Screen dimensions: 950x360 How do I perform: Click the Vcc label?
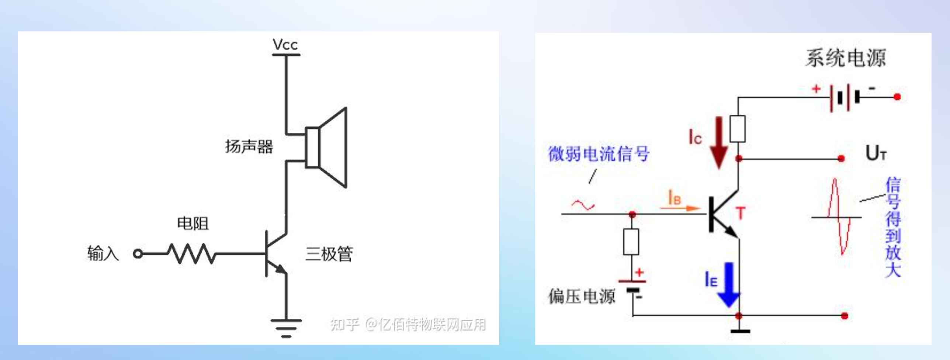tap(285, 45)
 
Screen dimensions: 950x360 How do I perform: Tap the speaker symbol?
tap(326, 148)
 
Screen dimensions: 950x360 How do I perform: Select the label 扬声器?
tap(249, 146)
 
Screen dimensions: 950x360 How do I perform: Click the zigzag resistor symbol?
tap(191, 253)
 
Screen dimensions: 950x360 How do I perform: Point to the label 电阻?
tap(193, 223)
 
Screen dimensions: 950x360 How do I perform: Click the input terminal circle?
tap(138, 254)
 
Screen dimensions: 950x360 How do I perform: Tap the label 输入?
tap(103, 253)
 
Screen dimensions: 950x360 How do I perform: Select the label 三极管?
tap(329, 254)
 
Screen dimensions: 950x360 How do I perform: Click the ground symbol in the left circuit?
tap(286, 328)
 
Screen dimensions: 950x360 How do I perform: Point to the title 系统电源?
tap(845, 58)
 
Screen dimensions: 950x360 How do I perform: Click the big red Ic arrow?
tap(719, 142)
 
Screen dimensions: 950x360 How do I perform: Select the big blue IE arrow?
tap(729, 284)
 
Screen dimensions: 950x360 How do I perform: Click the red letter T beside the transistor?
tap(741, 213)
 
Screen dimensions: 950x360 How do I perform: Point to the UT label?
tap(876, 153)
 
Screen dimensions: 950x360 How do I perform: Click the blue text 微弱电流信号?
tap(598, 154)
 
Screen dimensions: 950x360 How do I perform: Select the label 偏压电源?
tap(582, 296)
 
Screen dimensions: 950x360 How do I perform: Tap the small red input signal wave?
tap(583, 205)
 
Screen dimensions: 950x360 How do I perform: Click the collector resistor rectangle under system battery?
tap(738, 129)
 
